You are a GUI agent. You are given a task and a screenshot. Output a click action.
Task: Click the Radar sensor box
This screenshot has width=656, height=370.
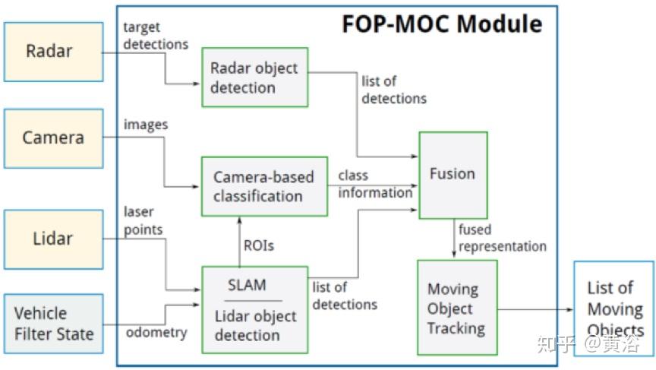click(x=54, y=52)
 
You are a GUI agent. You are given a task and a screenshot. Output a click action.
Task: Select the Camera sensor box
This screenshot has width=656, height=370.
click(x=54, y=138)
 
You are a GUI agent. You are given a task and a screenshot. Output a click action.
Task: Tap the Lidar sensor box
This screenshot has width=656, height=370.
click(x=54, y=239)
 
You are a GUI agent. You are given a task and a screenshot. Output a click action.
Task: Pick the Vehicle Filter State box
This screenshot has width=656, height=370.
click(x=54, y=324)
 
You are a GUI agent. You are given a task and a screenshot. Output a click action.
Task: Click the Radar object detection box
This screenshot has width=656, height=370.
click(x=255, y=77)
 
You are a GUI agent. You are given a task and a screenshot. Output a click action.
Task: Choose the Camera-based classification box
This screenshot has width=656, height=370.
click(x=264, y=187)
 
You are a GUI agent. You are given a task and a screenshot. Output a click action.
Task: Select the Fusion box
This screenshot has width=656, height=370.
click(x=453, y=176)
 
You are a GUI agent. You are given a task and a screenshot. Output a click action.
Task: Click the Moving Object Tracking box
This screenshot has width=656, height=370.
click(x=457, y=308)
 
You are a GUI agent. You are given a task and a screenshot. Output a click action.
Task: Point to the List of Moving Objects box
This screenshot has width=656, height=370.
click(x=613, y=309)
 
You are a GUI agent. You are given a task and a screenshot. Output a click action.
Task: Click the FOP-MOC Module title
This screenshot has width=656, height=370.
click(x=442, y=24)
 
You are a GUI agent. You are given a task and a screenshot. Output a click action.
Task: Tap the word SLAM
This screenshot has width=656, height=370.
click(x=247, y=285)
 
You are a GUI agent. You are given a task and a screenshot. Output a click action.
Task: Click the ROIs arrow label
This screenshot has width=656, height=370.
click(x=259, y=245)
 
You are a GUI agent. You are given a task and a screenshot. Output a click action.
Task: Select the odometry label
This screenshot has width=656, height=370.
click(x=156, y=332)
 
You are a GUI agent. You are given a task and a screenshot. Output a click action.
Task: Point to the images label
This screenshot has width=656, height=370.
click(x=146, y=125)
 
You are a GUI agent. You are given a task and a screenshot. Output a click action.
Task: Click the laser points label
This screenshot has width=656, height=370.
click(x=143, y=220)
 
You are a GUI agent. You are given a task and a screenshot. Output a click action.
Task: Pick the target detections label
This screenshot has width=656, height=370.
click(x=156, y=36)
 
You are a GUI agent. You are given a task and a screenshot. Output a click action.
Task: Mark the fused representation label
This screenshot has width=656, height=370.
click(x=503, y=238)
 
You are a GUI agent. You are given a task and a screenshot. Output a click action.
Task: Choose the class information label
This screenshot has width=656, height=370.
click(x=375, y=184)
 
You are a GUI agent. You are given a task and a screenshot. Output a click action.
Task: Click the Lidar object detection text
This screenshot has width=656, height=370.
click(x=255, y=326)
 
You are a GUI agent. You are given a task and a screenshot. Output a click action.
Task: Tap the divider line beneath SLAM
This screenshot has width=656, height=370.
click(x=253, y=301)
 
